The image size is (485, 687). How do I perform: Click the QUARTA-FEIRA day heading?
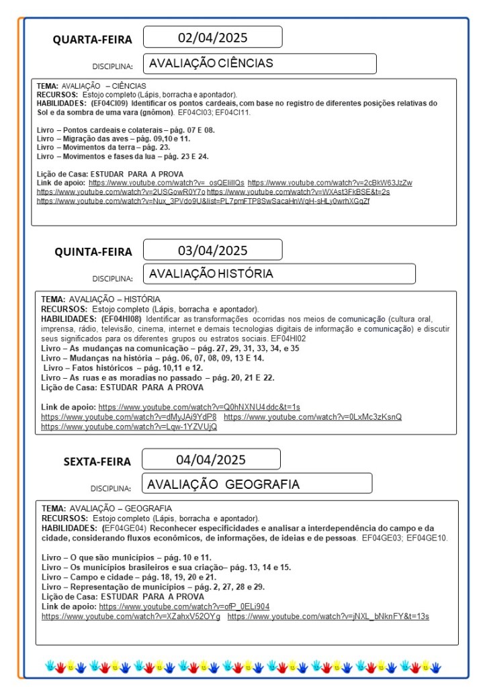93,40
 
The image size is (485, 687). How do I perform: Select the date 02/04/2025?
212,37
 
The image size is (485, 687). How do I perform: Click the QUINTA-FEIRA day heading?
93,252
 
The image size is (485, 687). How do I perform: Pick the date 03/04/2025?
212,250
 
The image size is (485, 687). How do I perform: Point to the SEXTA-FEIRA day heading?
97,461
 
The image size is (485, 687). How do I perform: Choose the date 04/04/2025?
211,460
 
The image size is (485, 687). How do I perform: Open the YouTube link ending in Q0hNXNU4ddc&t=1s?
199,407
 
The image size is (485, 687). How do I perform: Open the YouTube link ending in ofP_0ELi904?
184,606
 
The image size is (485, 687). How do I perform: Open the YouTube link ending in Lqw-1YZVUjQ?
129,426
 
